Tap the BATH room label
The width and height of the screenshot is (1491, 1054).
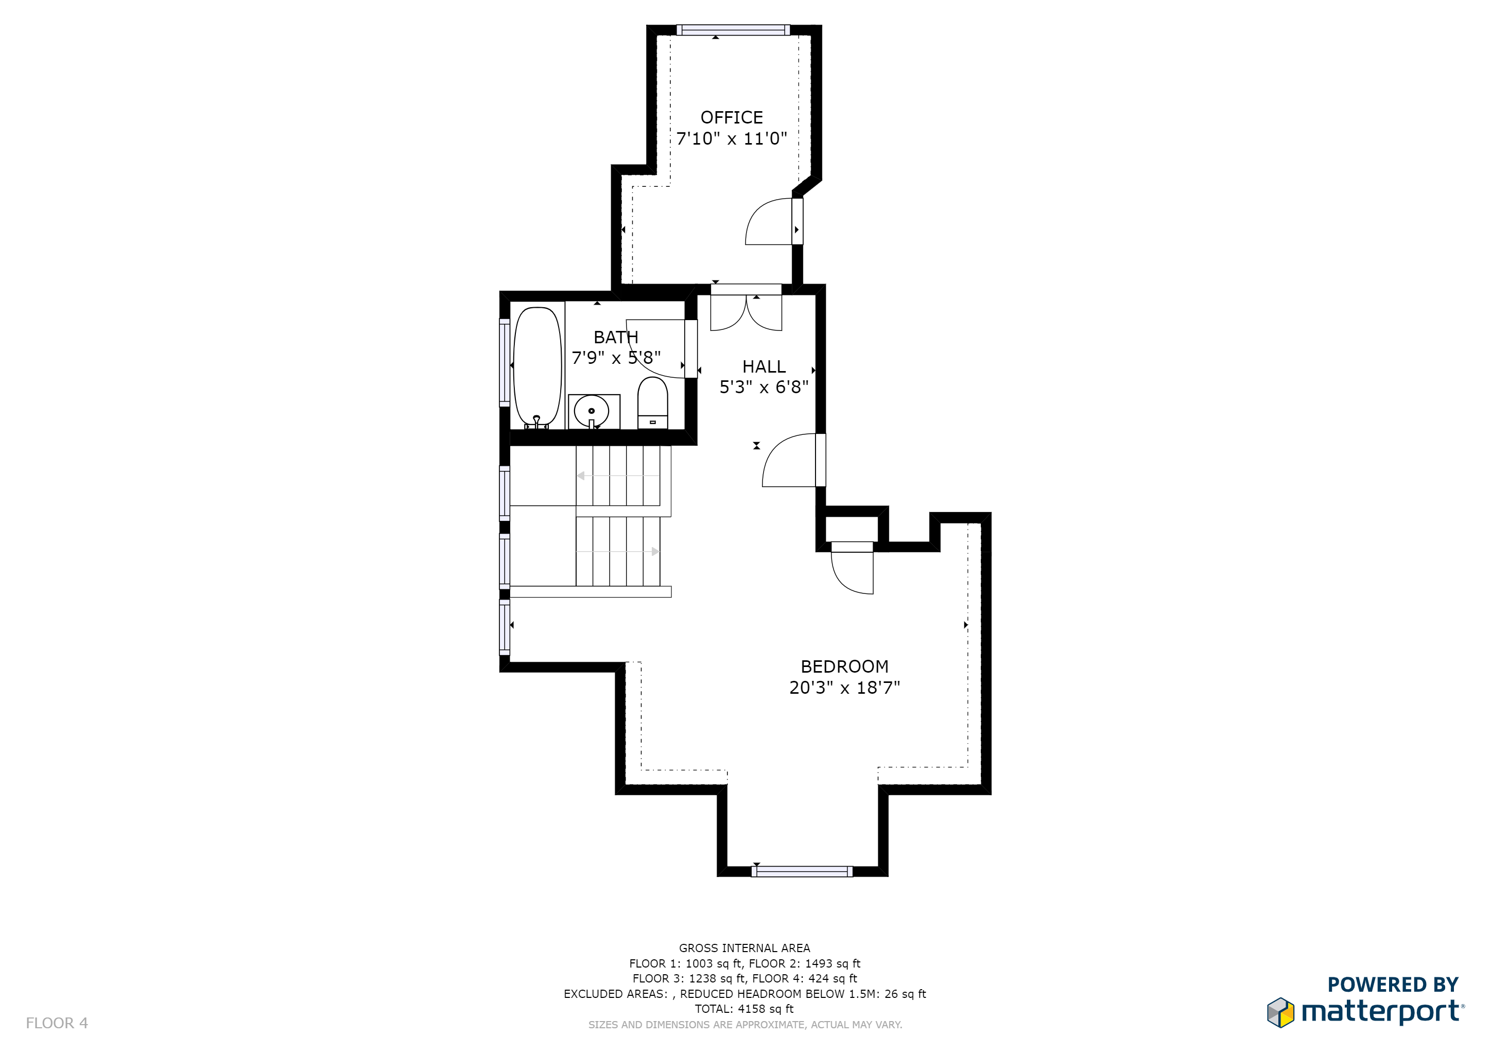(x=616, y=338)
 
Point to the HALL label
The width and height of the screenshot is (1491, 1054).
(x=764, y=367)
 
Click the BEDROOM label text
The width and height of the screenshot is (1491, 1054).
(x=844, y=666)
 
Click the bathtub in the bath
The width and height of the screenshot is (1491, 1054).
(x=537, y=367)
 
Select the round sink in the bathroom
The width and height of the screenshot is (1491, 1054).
(x=591, y=411)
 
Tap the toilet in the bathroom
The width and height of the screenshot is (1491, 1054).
(x=653, y=402)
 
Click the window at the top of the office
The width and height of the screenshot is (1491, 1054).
(x=733, y=30)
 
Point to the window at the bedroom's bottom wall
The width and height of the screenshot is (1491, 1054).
(x=802, y=872)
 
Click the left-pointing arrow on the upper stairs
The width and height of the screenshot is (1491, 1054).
(x=581, y=476)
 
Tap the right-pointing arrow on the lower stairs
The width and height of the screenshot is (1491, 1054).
(x=654, y=552)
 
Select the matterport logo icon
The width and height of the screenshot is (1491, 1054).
(x=1280, y=1012)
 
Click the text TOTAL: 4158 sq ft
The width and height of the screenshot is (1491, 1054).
(x=744, y=1009)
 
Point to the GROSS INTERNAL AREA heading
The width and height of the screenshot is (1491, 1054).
(x=744, y=948)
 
